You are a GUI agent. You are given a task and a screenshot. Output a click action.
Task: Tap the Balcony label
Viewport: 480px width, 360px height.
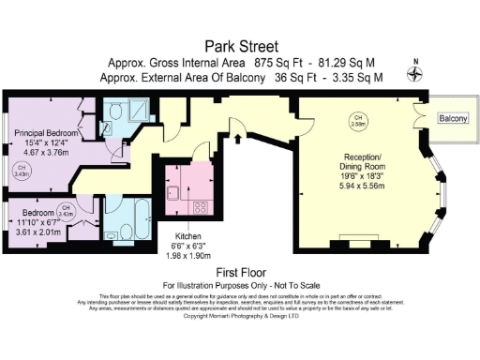click(454, 119)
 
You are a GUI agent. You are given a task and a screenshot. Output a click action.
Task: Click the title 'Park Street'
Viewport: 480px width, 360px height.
click(240, 44)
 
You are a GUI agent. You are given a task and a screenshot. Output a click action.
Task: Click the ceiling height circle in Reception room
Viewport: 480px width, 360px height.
click(357, 121)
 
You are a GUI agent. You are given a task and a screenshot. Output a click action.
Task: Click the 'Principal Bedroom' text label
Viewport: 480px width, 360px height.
click(45, 133)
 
